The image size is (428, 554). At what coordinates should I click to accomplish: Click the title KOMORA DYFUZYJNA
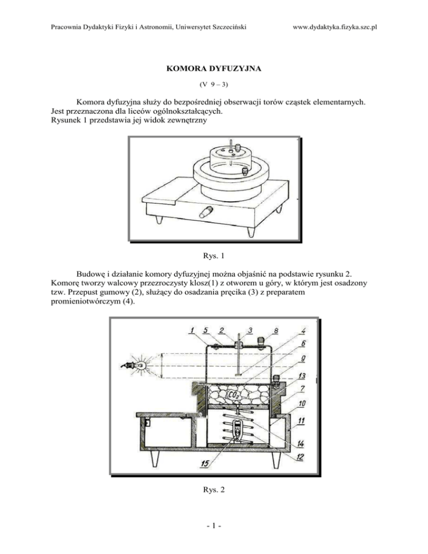[213, 71]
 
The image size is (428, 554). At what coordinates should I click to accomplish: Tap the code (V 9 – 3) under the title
[213, 86]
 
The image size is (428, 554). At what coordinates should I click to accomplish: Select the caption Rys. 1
[213, 256]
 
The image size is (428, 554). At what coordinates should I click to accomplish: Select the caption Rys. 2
[213, 489]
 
